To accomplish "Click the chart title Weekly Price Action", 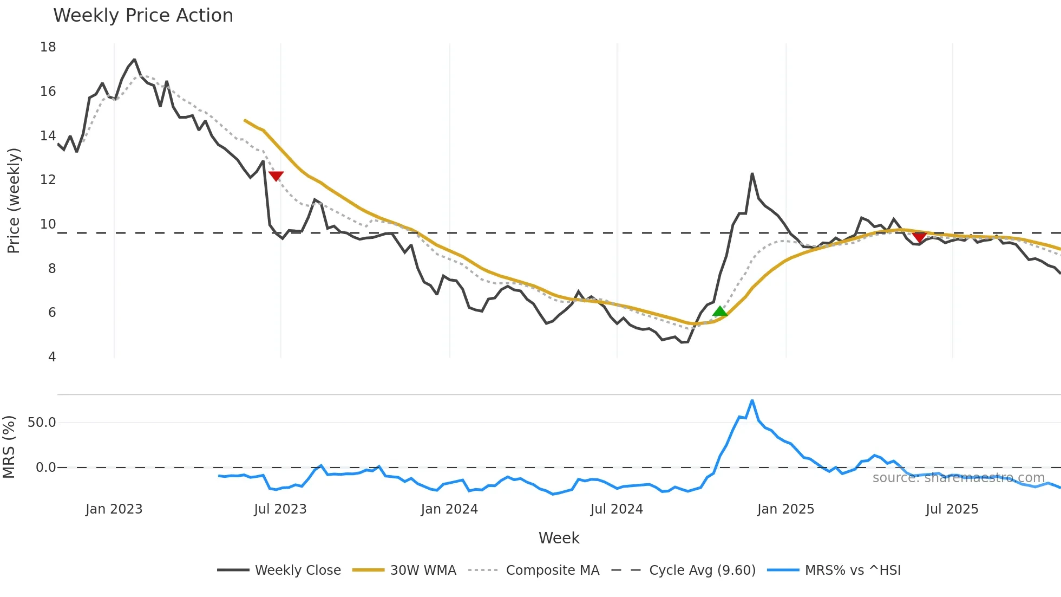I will point(143,16).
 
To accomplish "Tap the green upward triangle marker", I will point(720,311).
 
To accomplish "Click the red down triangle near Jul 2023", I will point(276,176).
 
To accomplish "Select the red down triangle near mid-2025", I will point(919,237).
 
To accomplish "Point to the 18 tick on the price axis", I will point(48,47).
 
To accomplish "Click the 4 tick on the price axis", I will point(52,357).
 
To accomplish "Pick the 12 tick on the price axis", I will point(48,180).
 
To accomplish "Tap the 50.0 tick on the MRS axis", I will point(42,423).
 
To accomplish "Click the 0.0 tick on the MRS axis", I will point(45,468).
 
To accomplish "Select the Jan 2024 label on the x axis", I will point(449,509).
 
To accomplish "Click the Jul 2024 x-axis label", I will point(617,509).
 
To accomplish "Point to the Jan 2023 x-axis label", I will point(114,509).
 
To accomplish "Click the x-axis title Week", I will point(559,538).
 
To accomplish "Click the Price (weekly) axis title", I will point(14,200).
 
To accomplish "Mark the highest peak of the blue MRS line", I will point(752,400).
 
